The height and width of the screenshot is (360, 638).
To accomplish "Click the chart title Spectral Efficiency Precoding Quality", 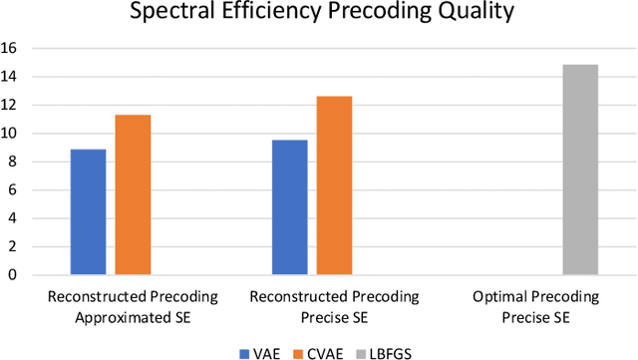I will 318,15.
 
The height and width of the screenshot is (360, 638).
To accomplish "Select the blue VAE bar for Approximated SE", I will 88,211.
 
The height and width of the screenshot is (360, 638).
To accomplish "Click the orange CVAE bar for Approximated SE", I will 133,194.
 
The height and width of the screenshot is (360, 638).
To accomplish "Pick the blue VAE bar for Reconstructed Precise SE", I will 290,207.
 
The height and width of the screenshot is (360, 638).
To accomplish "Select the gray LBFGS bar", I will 579,170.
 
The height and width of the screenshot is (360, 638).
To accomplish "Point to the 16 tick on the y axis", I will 10,48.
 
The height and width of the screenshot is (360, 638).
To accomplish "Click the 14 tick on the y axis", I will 10,77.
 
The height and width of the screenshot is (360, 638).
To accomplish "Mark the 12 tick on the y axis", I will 10,105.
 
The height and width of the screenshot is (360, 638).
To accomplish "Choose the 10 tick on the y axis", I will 10,134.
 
